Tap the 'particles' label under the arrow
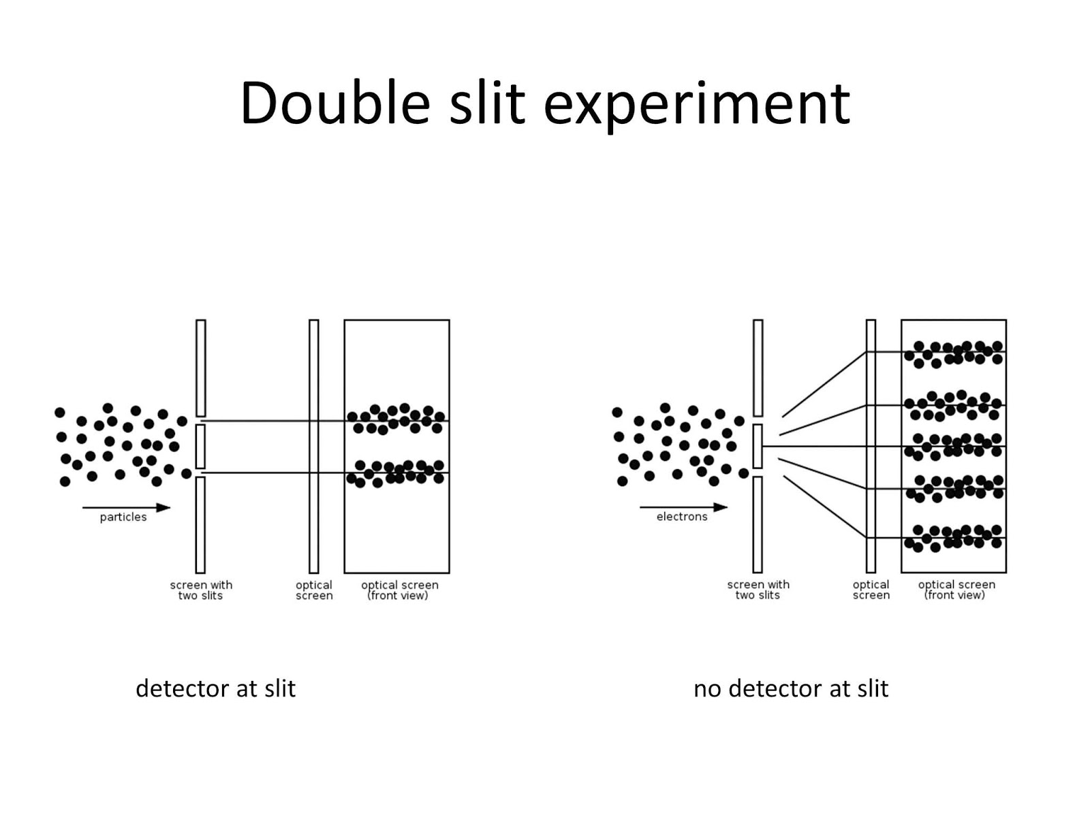[x=123, y=517]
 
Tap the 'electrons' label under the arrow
[x=682, y=517]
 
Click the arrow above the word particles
[x=126, y=507]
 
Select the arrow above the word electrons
[x=683, y=507]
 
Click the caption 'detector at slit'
[x=215, y=688]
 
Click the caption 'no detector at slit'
[x=790, y=688]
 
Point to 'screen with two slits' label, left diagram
[x=201, y=590]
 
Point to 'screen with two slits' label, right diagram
[x=758, y=590]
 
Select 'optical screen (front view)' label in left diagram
[x=399, y=590]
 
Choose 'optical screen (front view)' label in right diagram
[x=956, y=590]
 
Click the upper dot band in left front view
[x=396, y=419]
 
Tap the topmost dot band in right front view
[x=954, y=353]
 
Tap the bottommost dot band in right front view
[x=954, y=537]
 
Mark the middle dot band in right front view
[x=954, y=445]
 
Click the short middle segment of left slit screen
[x=201, y=446]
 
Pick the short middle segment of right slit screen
[x=758, y=446]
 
